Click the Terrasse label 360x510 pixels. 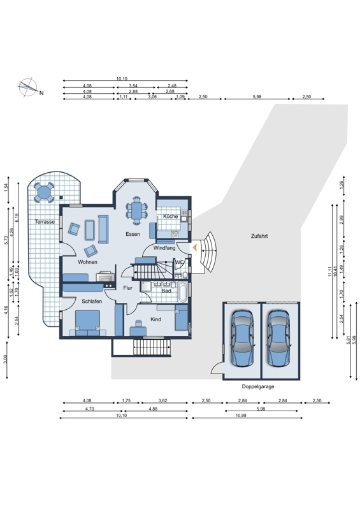(x=45, y=222)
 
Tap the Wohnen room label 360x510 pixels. (x=87, y=262)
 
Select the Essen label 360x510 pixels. (x=133, y=234)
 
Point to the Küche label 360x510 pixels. (x=170, y=216)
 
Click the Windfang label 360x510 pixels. (x=164, y=248)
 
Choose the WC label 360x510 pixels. (x=179, y=262)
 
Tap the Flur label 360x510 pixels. (x=128, y=288)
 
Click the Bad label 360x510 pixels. (x=166, y=291)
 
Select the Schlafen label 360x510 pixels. (x=92, y=301)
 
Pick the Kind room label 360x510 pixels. (x=155, y=319)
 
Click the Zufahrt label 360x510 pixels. (x=259, y=236)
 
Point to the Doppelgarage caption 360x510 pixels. (x=258, y=386)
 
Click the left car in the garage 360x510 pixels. (x=242, y=339)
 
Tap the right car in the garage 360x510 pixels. (x=279, y=339)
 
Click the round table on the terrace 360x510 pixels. (x=43, y=193)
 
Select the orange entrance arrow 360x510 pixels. (x=194, y=248)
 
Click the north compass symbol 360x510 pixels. (x=28, y=87)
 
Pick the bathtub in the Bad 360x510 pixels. (x=182, y=292)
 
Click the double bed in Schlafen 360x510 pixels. (x=87, y=323)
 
